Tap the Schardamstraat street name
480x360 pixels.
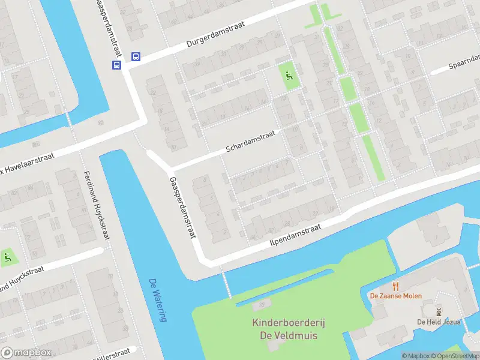(x=250, y=141)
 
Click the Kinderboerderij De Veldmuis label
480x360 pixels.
(x=288, y=329)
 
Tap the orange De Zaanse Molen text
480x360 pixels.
(x=395, y=296)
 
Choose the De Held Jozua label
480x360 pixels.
(x=439, y=322)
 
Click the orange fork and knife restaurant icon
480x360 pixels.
(x=395, y=286)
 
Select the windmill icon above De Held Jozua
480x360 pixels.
(x=439, y=312)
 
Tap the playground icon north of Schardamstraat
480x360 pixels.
(x=289, y=76)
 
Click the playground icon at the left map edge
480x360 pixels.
(x=7, y=258)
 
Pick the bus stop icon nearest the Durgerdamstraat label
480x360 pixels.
(x=136, y=57)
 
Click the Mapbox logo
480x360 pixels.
(x=25, y=353)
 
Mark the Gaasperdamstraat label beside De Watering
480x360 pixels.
(x=182, y=207)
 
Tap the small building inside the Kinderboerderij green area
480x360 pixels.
(x=262, y=305)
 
